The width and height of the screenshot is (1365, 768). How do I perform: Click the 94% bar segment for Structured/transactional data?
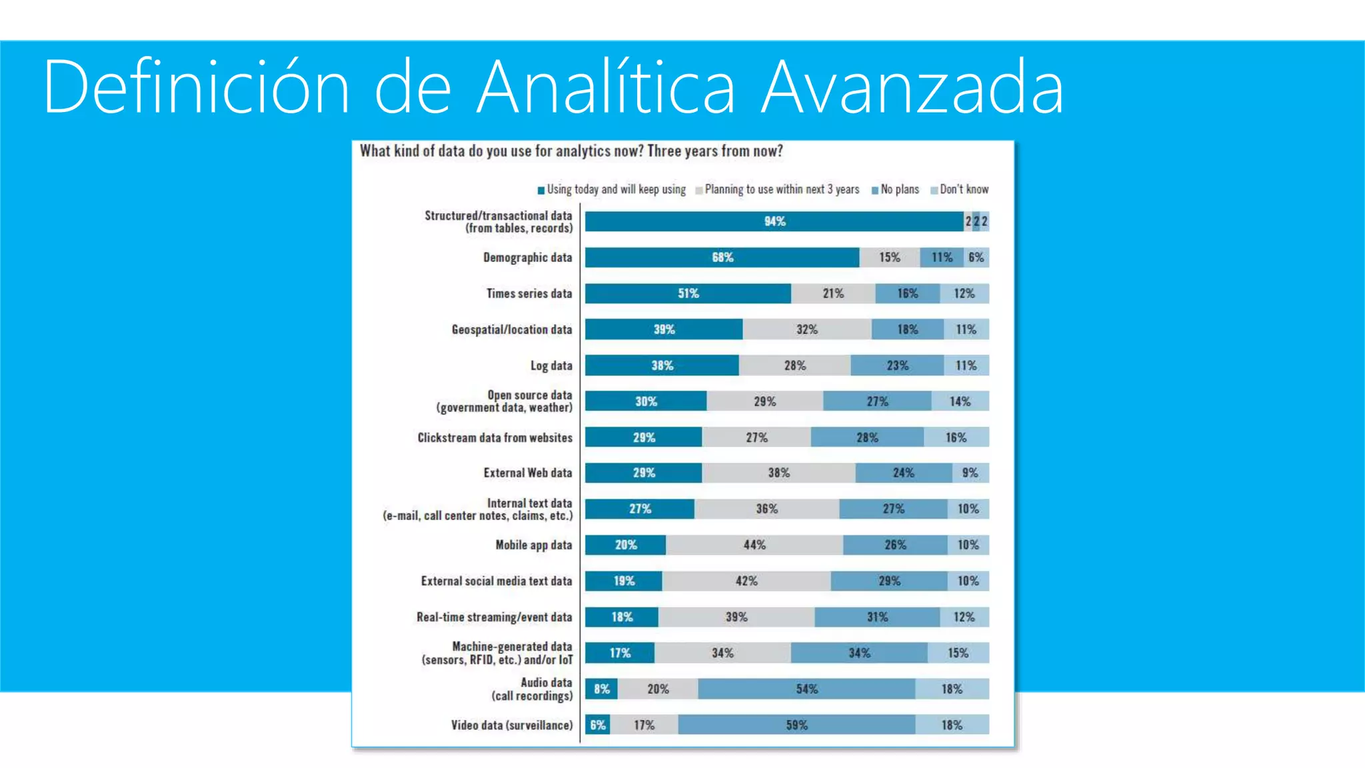coord(774,221)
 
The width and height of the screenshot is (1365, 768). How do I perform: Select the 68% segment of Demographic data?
coord(722,257)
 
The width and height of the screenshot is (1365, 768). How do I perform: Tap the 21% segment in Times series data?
coord(832,293)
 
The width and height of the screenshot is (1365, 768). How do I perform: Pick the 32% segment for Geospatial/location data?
coord(806,329)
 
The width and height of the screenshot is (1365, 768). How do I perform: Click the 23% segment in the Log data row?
coord(897,365)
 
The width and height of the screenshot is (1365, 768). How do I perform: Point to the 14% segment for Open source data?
coord(960,401)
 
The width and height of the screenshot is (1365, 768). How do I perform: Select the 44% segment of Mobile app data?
coord(754,545)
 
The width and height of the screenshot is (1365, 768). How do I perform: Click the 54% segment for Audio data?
coord(806,689)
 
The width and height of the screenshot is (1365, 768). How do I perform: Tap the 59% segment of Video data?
coord(796,725)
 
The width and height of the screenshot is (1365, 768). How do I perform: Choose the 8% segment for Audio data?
coord(601,689)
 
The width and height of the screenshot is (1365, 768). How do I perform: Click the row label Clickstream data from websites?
coord(495,437)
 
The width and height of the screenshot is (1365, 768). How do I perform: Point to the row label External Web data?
coord(527,473)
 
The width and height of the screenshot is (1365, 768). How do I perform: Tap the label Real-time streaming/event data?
coord(494,617)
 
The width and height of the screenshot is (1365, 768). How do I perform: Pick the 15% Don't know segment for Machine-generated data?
coord(958,653)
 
